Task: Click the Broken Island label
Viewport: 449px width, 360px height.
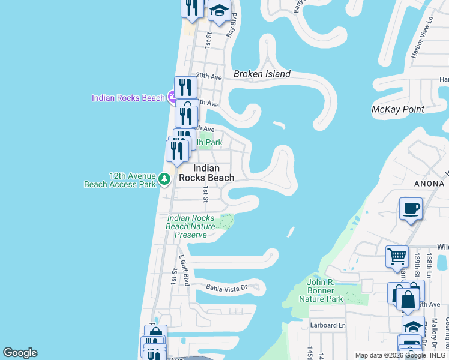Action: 262,74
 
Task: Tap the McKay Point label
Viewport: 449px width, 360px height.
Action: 398,109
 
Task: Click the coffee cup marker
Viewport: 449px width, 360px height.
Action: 411,209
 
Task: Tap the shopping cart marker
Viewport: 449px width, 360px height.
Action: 397,257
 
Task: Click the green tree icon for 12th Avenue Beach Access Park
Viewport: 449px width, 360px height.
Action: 164,179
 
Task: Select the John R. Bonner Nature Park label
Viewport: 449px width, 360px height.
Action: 325,290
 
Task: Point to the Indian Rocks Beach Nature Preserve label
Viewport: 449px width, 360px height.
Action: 190,226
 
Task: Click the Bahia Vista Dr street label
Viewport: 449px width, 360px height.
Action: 227,288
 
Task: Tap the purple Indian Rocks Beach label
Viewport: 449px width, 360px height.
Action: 128,98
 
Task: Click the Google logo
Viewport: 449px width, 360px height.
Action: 20,353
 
